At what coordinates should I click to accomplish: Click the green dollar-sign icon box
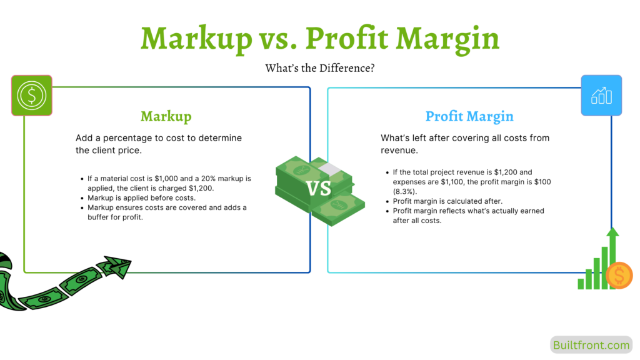tap(32, 95)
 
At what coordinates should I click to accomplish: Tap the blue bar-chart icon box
tap(601, 95)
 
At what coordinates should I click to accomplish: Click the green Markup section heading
tap(166, 116)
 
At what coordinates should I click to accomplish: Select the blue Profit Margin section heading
tap(469, 116)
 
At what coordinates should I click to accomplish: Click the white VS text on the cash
tap(319, 188)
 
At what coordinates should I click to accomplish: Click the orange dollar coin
tap(619, 275)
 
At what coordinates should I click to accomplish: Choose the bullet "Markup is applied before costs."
tap(142, 197)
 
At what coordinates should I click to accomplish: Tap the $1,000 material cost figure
tap(171, 179)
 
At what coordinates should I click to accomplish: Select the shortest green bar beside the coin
tap(581, 284)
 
